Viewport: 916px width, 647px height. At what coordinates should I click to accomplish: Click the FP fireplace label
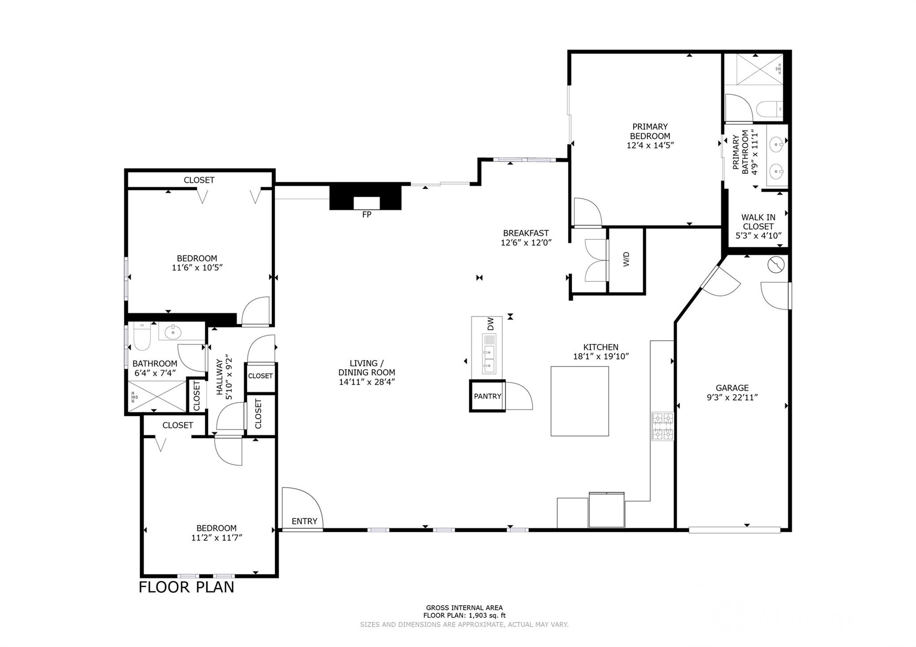pos(366,215)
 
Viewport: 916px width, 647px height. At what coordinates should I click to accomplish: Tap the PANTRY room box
pos(487,396)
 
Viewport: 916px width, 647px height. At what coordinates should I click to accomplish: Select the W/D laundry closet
pos(626,259)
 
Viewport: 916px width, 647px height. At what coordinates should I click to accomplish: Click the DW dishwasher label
pos(491,324)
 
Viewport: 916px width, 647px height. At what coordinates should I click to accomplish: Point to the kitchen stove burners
pos(662,426)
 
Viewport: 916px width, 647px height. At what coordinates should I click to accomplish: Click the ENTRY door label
pos(304,521)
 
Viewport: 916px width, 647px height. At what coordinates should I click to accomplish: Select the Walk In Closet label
pos(758,222)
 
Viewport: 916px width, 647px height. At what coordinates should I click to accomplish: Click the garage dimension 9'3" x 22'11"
pos(732,398)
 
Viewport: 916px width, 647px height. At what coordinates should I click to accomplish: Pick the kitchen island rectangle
pos(579,401)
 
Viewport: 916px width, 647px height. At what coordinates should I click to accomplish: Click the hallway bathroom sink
pos(173,332)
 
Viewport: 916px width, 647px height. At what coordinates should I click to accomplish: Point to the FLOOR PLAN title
pos(186,587)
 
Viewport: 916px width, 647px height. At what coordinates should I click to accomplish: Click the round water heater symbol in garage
pos(776,265)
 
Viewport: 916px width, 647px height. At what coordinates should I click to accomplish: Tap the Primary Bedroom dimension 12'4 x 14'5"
pos(650,145)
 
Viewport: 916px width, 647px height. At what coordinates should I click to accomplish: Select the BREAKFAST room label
pos(526,233)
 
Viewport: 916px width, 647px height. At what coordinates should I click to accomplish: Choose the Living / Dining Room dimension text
pos(367,382)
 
